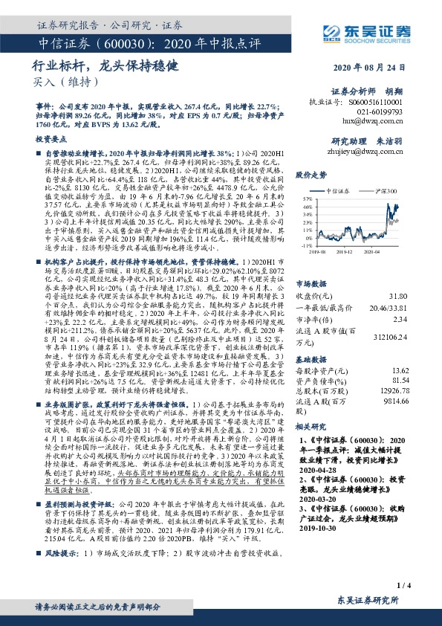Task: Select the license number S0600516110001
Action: coord(376,100)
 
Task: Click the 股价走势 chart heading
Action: coord(312,175)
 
